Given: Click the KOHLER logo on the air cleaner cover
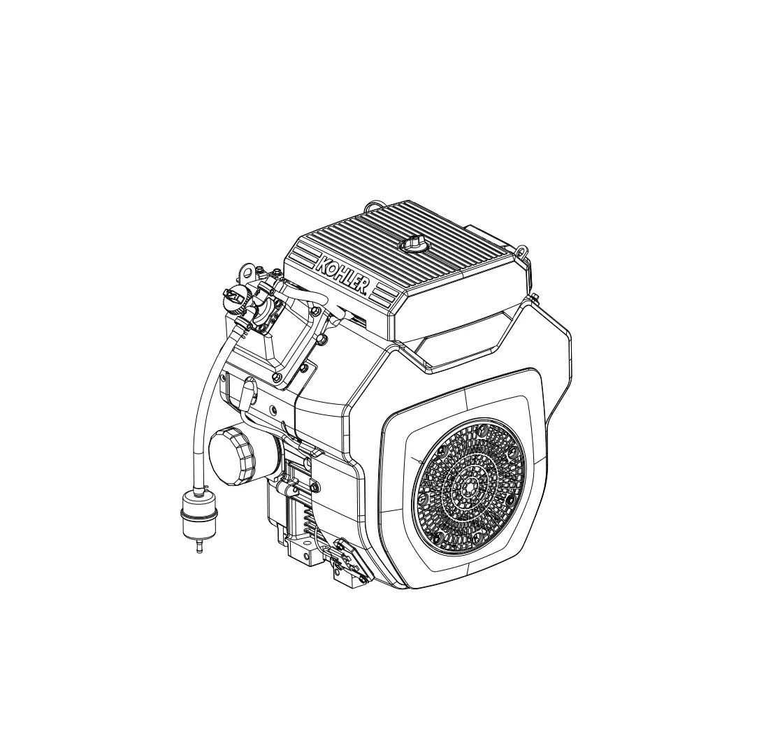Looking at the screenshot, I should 342,274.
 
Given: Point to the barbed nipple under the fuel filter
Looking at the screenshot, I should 198,547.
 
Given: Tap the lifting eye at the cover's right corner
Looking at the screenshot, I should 521,250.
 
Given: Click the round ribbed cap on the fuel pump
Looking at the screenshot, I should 233,299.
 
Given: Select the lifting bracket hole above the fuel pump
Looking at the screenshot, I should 245,271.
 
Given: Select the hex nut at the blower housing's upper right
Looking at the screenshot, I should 534,301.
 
